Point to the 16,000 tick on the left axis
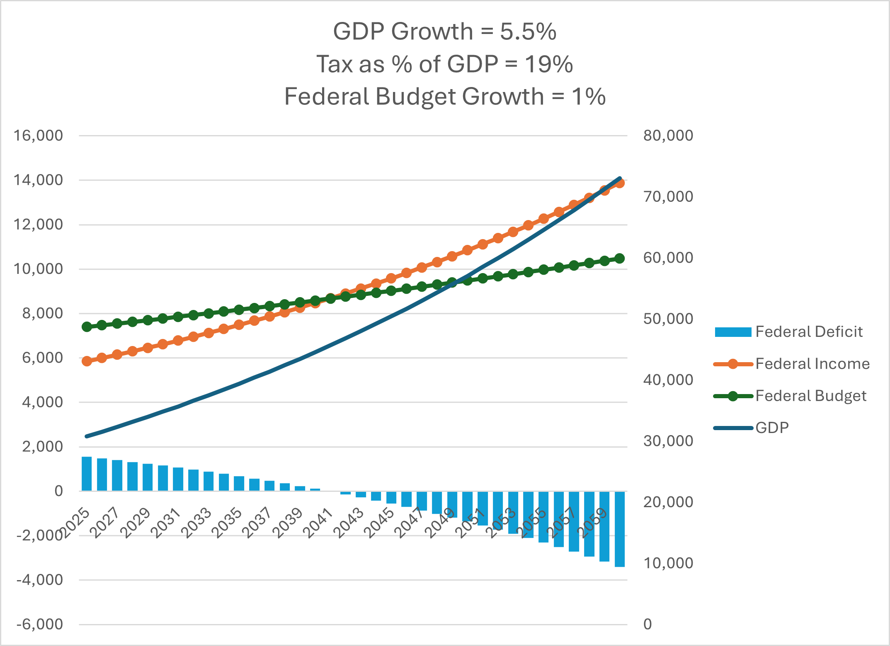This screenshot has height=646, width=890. tap(38, 135)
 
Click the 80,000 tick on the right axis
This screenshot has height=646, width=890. tap(668, 135)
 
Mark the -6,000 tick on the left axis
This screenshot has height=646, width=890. tap(39, 624)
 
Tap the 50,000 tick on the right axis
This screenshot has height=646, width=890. tap(668, 319)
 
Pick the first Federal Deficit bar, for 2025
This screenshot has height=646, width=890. tap(87, 474)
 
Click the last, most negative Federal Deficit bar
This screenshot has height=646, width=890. tap(620, 529)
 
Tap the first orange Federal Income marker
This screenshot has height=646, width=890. tap(87, 361)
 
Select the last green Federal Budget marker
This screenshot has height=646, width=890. tap(620, 259)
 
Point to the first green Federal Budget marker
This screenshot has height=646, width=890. tap(87, 327)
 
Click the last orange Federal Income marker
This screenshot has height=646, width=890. tap(620, 183)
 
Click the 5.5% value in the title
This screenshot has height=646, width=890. tap(528, 31)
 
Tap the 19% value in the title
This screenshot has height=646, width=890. tap(548, 64)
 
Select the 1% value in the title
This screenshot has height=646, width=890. tap(588, 97)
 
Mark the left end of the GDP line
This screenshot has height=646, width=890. tap(87, 436)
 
